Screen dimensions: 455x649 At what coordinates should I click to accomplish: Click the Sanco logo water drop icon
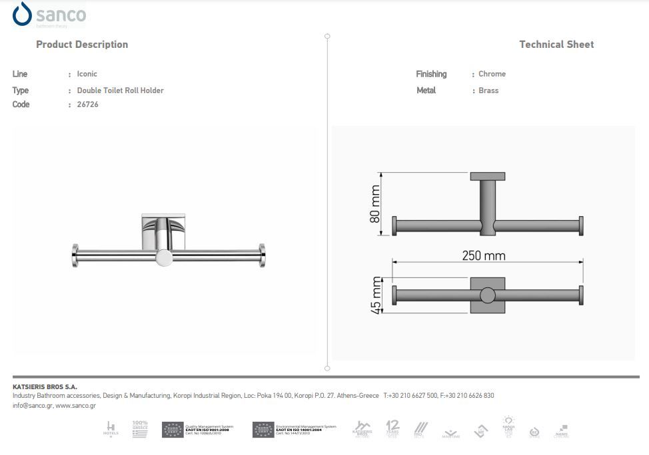point(22,14)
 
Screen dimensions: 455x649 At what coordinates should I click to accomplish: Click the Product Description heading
point(82,45)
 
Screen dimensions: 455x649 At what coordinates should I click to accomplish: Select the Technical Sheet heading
point(556,45)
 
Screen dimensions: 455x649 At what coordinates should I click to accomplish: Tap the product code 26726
point(87,104)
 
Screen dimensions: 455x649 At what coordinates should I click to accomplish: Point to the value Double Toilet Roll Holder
point(120,90)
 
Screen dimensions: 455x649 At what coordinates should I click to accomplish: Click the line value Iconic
point(87,74)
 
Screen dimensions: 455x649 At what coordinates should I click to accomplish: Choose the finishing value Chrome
point(492,74)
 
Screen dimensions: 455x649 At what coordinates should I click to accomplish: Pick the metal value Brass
point(488,90)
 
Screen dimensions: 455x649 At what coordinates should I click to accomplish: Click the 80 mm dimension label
point(375,204)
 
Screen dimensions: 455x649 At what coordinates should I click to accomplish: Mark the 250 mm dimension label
point(484,256)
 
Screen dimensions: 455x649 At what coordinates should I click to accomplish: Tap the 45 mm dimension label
point(376,295)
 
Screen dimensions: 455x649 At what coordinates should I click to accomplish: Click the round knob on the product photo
point(163,257)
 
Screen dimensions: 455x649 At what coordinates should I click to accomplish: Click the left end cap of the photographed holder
point(75,254)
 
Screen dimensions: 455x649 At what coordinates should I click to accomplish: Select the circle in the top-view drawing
point(488,295)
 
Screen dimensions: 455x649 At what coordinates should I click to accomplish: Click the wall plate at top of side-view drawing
point(488,177)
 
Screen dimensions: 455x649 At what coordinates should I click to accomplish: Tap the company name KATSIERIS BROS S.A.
point(45,386)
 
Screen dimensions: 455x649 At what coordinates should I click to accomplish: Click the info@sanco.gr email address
point(31,405)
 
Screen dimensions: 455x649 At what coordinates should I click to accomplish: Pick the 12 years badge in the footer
point(392,428)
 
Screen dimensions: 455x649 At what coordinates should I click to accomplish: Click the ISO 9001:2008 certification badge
point(198,430)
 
